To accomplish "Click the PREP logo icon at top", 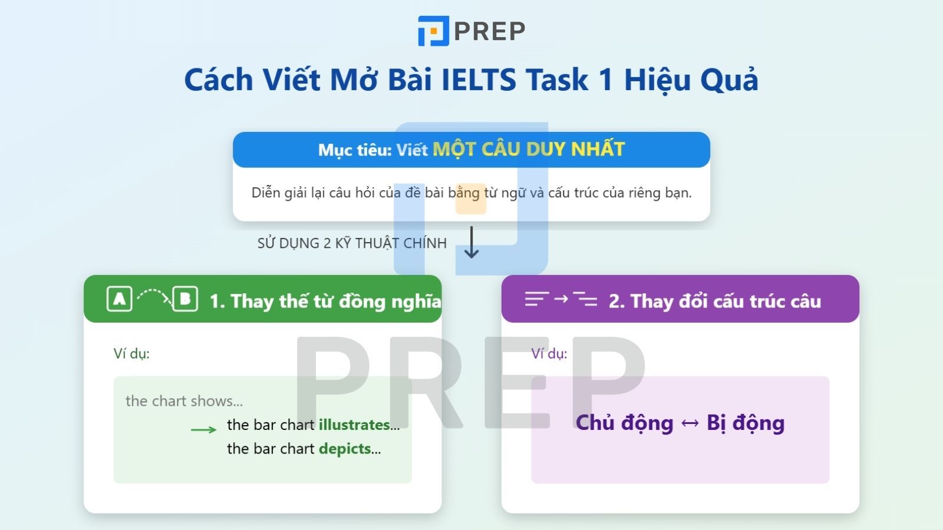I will [433, 31].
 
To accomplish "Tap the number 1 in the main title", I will [605, 80].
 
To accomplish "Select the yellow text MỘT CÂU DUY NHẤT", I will [528, 149].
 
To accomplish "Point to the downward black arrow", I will [471, 243].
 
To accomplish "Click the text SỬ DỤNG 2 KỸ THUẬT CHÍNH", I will [352, 243].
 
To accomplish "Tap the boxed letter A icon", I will [120, 299].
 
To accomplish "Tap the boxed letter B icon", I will [185, 299].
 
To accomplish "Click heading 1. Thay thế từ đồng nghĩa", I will [325, 301].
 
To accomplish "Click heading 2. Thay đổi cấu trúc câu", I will [714, 301].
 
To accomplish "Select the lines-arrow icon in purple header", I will [560, 300].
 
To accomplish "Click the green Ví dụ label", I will [131, 354].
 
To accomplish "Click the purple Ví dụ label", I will [549, 354].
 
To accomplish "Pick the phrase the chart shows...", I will [184, 401].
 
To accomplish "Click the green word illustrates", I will [354, 425].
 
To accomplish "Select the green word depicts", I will [345, 449].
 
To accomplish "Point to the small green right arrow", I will [204, 429].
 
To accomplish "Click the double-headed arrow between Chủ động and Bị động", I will [690, 423].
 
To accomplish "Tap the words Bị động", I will [746, 423].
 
